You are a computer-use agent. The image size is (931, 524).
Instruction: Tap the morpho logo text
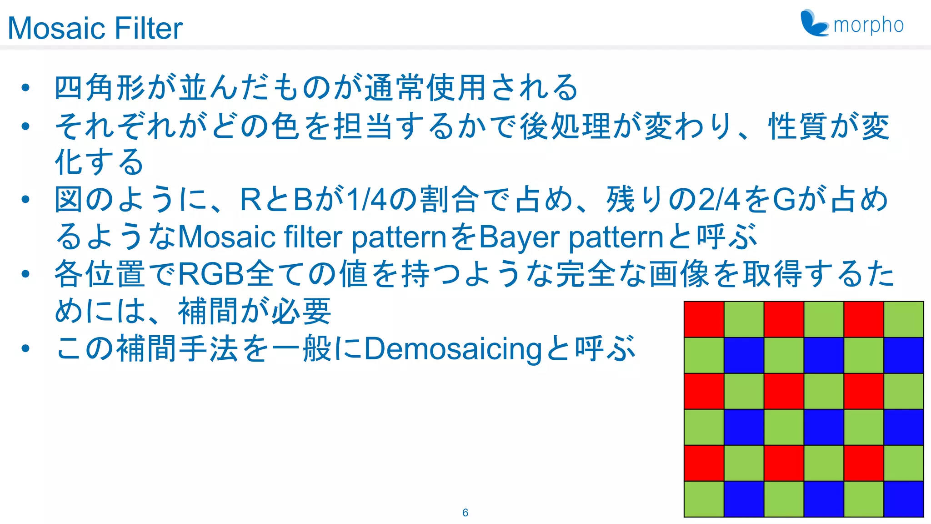[868, 25]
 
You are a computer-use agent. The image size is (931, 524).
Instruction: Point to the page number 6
[465, 513]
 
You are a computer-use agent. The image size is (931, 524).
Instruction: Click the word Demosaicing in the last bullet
[453, 349]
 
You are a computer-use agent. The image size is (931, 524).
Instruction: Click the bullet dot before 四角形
[25, 87]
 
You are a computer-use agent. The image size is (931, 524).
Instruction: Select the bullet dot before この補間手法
[25, 348]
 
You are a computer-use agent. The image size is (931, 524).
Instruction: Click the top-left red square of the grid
[704, 319]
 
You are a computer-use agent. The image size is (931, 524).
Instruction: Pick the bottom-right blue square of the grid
[904, 499]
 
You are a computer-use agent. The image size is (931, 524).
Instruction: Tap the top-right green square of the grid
[904, 319]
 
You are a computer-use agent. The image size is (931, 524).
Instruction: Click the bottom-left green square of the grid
[704, 499]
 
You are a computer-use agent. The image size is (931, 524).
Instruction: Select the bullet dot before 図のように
[25, 199]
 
